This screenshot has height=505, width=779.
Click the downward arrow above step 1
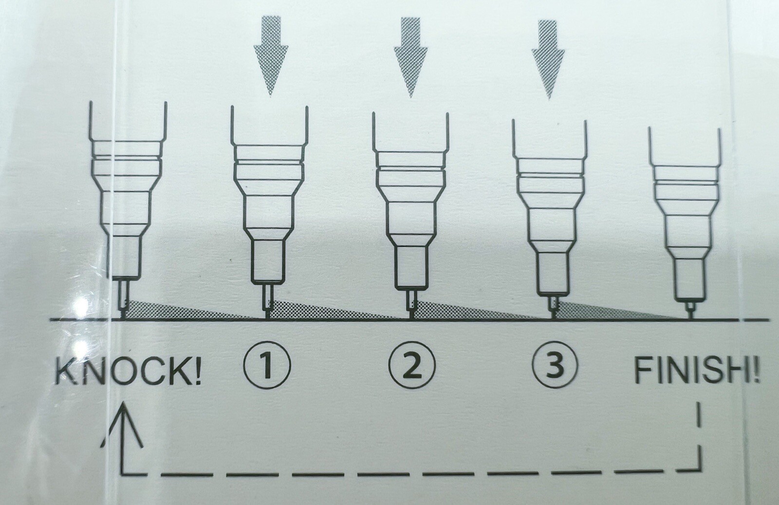pyautogui.click(x=271, y=56)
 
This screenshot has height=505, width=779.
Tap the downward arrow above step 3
pyautogui.click(x=548, y=59)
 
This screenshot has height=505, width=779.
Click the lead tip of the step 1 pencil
pyautogui.click(x=267, y=315)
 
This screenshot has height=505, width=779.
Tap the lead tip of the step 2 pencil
pyautogui.click(x=411, y=315)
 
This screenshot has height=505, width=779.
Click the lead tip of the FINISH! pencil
pyautogui.click(x=691, y=315)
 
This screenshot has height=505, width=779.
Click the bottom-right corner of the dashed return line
pyautogui.click(x=700, y=470)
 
